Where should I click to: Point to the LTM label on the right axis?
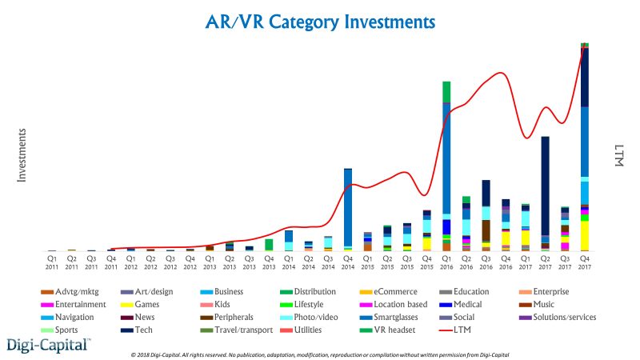[617, 155]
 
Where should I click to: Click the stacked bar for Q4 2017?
[585, 148]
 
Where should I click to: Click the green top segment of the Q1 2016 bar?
[446, 92]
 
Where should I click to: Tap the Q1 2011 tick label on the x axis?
[51, 262]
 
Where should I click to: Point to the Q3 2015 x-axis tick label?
[407, 262]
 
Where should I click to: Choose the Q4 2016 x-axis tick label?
[506, 262]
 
